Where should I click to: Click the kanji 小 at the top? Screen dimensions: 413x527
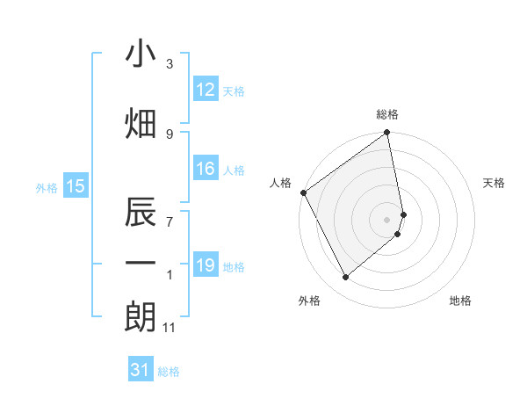pos(141,54)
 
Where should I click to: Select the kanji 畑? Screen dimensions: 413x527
pos(141,125)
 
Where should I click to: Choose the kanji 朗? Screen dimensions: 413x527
pos(141,316)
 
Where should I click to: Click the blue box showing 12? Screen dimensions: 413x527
pos(206,90)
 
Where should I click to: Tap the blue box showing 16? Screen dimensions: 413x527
pos(206,169)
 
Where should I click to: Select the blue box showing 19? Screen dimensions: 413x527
pos(206,265)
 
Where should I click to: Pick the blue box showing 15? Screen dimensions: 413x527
pos(75,185)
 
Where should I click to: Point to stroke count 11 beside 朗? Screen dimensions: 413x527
pos(170,328)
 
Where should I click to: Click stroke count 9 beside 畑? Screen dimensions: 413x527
pos(170,134)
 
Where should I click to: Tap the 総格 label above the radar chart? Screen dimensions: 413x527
pos(387,114)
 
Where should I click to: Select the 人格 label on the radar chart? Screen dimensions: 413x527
pos(281,183)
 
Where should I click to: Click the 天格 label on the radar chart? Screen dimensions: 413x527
pos(495,183)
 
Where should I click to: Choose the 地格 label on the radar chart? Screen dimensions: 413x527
pos(460,301)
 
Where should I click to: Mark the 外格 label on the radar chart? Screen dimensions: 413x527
pos(309,301)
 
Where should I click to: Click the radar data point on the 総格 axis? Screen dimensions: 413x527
pos(387,134)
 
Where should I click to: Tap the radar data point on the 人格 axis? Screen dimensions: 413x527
pos(303,192)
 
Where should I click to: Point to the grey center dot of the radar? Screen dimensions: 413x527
pos(387,219)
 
